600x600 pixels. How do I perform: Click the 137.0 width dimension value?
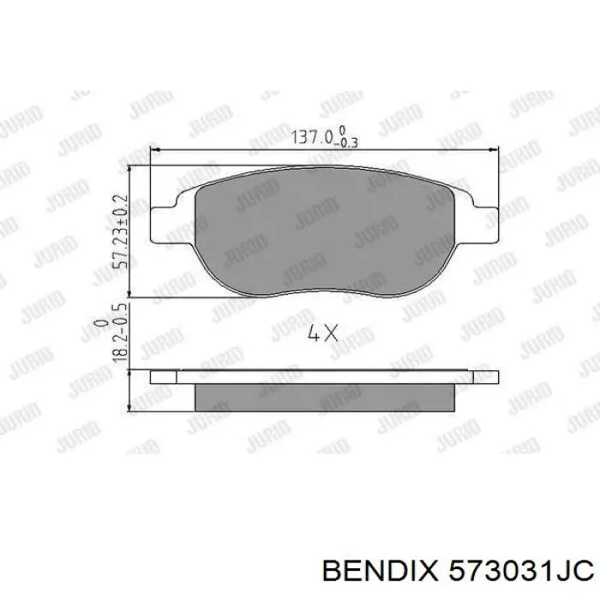coord(311,135)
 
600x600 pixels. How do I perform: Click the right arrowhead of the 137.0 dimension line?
coord(494,151)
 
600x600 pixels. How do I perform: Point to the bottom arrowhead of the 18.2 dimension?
coord(129,409)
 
